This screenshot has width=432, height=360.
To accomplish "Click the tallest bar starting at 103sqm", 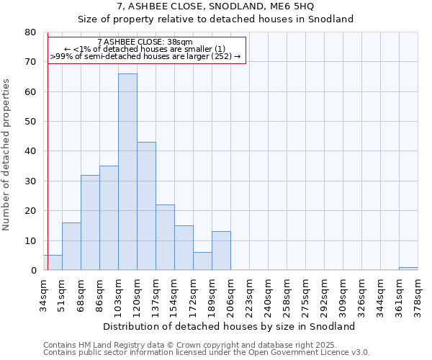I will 127,172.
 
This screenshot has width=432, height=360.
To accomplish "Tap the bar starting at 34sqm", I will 53,263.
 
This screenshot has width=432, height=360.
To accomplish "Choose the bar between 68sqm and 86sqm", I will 90,222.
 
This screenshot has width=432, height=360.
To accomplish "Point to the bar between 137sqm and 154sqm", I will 165,238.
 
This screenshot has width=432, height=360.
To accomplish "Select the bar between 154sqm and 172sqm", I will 184,248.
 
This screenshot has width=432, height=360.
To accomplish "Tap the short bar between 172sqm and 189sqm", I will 202,261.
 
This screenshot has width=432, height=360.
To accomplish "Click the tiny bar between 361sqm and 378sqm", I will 408,269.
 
